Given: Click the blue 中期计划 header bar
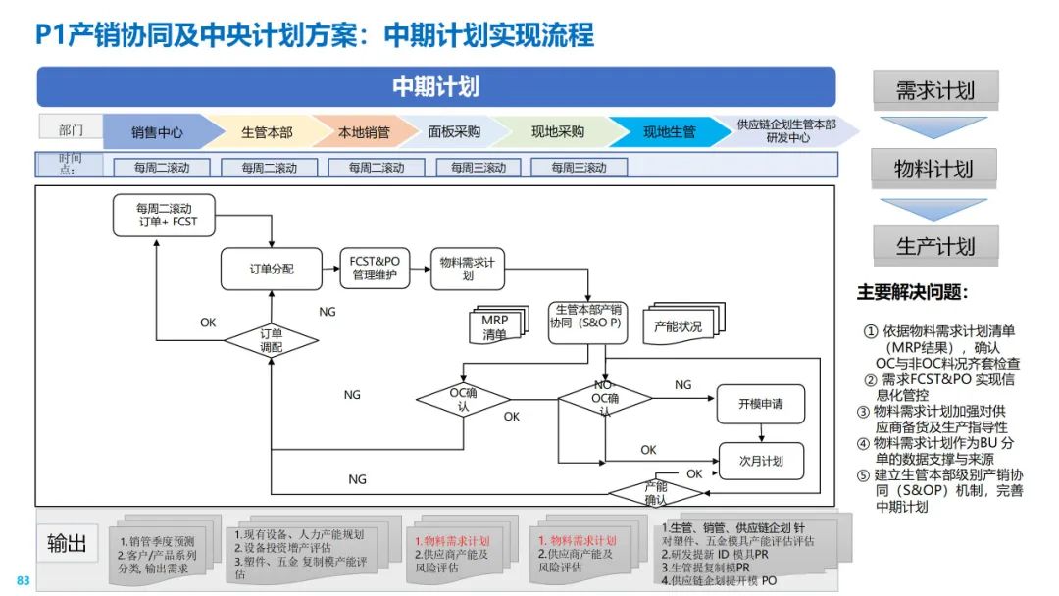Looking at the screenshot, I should pyautogui.click(x=435, y=86).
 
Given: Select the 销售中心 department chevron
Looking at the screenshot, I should pyautogui.click(x=157, y=132).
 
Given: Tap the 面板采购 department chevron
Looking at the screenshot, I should pyautogui.click(x=454, y=132).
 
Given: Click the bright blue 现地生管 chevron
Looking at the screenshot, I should pyautogui.click(x=669, y=132).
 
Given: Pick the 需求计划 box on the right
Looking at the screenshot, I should pyautogui.click(x=934, y=91).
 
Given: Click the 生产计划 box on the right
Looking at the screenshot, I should pyautogui.click(x=934, y=245).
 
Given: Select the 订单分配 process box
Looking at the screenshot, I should pyautogui.click(x=271, y=269).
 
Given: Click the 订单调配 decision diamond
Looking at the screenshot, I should pyautogui.click(x=272, y=341).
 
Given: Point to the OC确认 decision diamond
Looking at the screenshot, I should pyautogui.click(x=463, y=399).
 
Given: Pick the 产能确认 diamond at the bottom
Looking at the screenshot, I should pyautogui.click(x=655, y=492).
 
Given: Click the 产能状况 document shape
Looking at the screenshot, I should pyautogui.click(x=678, y=326).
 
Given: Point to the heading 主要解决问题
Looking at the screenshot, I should pyautogui.click(x=912, y=292).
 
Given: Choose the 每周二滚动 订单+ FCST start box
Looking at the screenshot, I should pyautogui.click(x=163, y=215).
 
